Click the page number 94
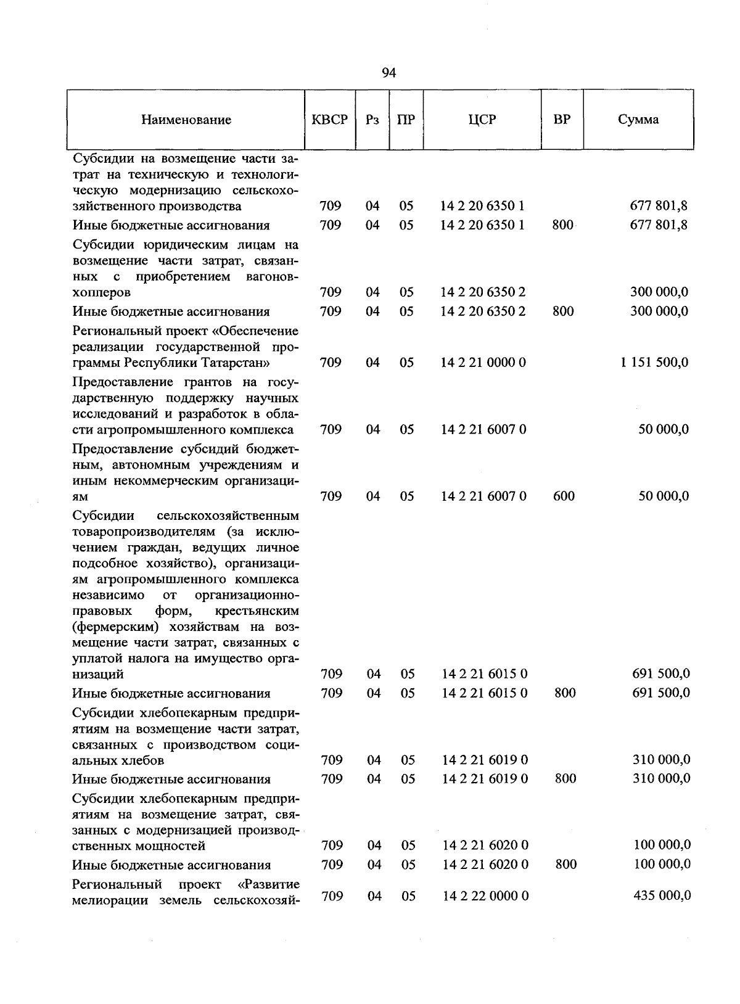point(388,73)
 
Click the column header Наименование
point(186,120)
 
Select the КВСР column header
point(330,120)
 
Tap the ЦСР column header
point(482,120)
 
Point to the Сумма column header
point(638,120)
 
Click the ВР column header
point(562,120)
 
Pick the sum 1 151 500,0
point(654,362)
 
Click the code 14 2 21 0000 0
point(483,362)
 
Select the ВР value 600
point(564,496)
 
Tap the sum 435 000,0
point(662,895)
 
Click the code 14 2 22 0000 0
point(485,895)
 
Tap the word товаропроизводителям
point(146,531)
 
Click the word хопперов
point(101,292)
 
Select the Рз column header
point(371,120)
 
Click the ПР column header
point(406,120)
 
